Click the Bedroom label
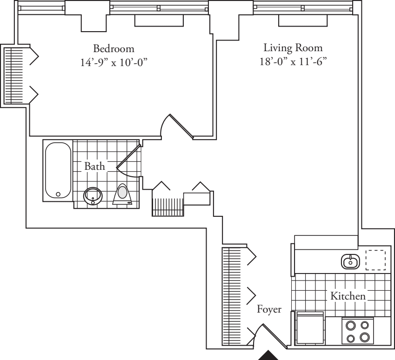point(114,48)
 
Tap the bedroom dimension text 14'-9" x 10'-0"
point(114,63)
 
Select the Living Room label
point(293,48)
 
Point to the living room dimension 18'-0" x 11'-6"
point(293,62)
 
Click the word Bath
point(94,166)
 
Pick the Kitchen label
point(348,295)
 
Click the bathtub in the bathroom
point(58,170)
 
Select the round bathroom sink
point(94,196)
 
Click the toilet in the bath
point(123,194)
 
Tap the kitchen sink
point(350,262)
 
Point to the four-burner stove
point(358,331)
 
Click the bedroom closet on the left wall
point(13,75)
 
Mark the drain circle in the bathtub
point(58,194)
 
